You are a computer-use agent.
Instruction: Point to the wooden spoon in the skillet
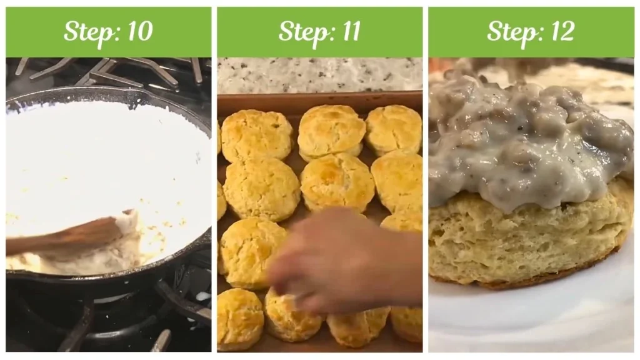69,234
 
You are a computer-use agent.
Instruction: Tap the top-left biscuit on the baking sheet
256,135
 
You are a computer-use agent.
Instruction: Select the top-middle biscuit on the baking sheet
331,131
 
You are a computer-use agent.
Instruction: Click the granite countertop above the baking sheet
319,75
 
